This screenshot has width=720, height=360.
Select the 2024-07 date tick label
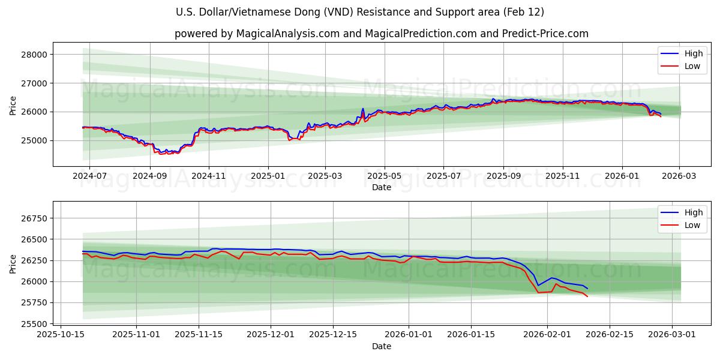coord(89,177)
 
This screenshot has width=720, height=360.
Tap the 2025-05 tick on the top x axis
coord(384,177)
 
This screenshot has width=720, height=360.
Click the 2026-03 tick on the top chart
coord(679,177)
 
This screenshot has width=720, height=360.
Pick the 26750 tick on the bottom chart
coord(34,218)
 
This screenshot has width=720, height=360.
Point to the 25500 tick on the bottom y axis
coord(34,324)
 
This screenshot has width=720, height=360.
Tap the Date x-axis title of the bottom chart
coord(382,346)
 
